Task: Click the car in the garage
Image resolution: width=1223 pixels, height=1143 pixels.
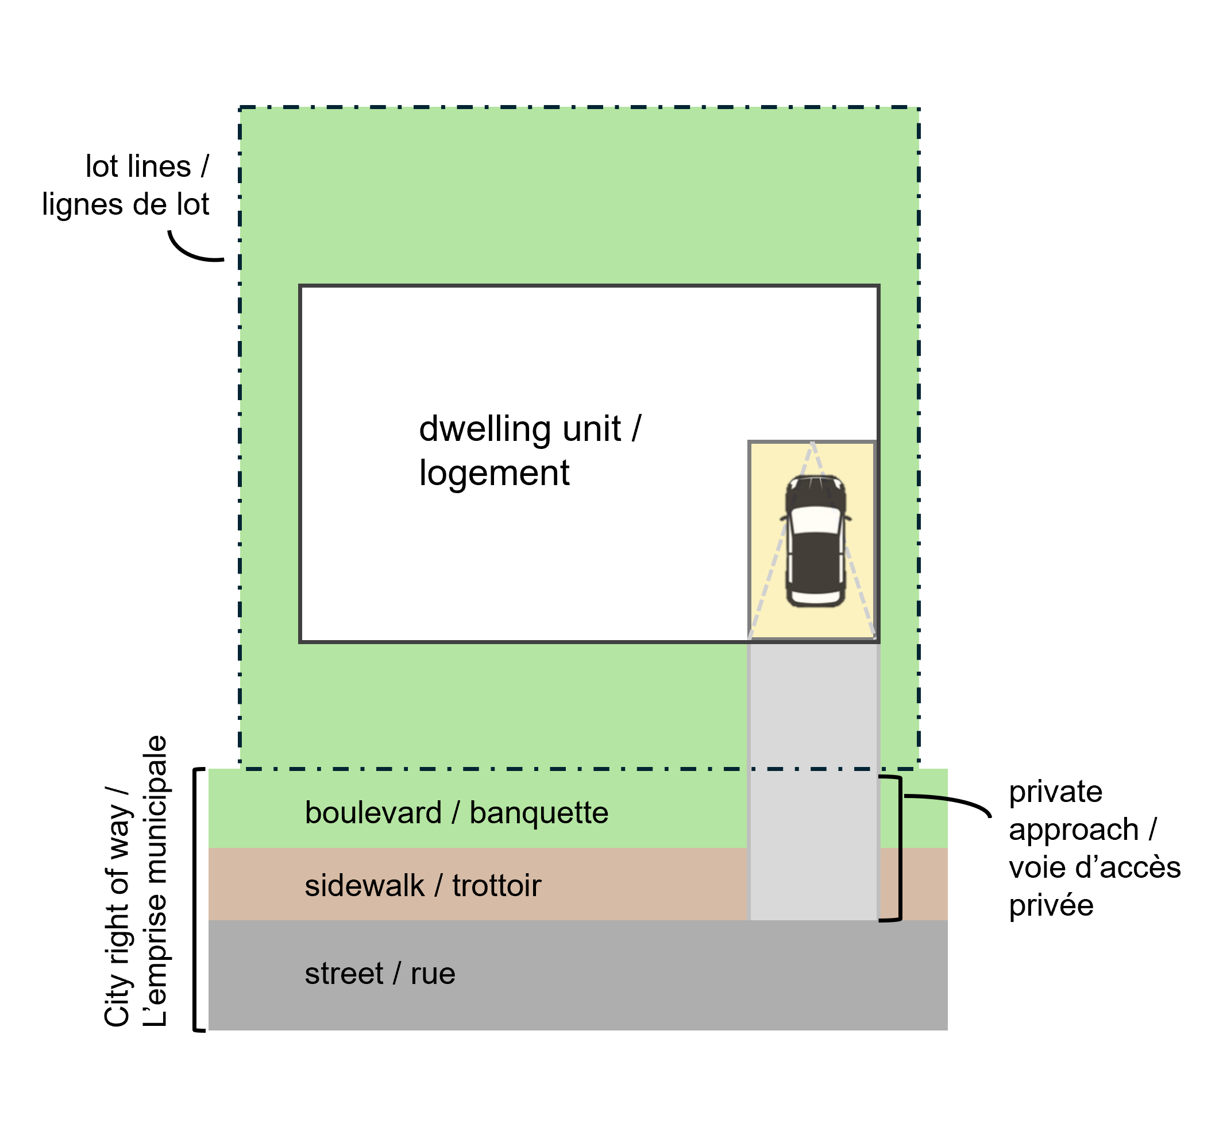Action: (x=815, y=541)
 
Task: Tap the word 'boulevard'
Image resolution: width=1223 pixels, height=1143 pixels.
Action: (x=373, y=813)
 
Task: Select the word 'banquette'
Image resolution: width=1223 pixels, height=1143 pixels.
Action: (x=539, y=813)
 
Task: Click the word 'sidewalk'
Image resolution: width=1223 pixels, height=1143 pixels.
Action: (x=364, y=886)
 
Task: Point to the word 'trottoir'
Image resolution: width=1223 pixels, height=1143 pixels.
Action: (x=496, y=886)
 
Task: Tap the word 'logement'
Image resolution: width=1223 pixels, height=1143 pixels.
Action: (x=494, y=474)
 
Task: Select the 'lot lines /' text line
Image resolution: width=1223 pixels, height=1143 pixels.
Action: (x=147, y=166)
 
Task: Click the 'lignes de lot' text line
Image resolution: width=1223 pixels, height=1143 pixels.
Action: (x=125, y=205)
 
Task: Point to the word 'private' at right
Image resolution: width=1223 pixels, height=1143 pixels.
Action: (x=1056, y=792)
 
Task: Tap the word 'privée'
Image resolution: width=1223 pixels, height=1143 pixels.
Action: (x=1051, y=906)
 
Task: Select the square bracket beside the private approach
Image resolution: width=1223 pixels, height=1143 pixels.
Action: (x=899, y=848)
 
